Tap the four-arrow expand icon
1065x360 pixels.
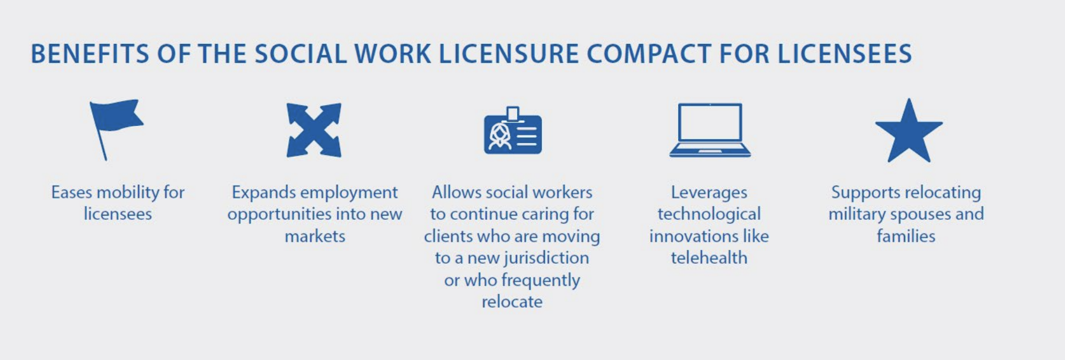coord(314,130)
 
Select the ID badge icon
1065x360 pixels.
coord(513,131)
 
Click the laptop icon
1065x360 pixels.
coord(710,130)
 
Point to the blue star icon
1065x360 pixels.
coord(909,132)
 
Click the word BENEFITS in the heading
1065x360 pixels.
coord(90,54)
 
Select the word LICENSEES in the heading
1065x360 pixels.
coord(845,54)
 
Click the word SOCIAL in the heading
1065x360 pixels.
coord(301,54)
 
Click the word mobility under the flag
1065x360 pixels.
coord(128,192)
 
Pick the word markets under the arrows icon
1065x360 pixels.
coord(315,236)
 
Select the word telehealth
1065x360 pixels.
coord(709,258)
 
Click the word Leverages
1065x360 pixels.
coord(709,193)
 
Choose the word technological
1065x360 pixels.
coord(709,214)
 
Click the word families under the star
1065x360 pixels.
coord(906,236)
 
